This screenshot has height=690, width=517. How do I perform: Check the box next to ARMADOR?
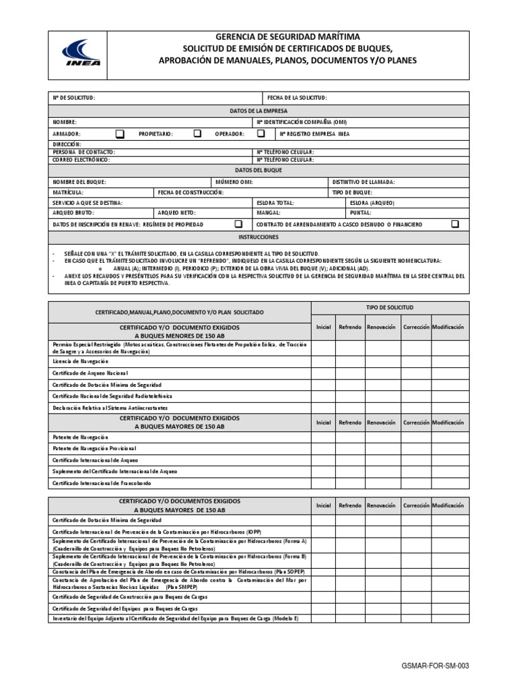point(120,133)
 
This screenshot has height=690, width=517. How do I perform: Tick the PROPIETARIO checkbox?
point(197,133)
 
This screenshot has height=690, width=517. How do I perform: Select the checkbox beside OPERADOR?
point(261,133)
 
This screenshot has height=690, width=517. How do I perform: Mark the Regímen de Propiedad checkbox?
point(238,224)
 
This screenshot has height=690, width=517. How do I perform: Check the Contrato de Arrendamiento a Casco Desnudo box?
point(455,224)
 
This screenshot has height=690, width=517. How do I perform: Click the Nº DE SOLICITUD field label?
point(74,98)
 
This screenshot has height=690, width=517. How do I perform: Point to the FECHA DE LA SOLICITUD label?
point(297,98)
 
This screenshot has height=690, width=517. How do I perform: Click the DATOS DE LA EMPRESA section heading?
point(259,110)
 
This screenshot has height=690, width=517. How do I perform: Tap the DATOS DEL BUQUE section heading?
point(259,170)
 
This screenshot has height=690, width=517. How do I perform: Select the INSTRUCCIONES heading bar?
point(259,237)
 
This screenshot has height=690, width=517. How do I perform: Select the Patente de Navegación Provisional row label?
point(94,448)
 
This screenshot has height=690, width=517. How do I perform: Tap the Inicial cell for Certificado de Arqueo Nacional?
point(323,373)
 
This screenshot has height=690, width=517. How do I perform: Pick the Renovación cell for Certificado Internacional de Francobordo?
point(381,482)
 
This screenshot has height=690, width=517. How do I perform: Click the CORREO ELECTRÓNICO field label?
point(81,160)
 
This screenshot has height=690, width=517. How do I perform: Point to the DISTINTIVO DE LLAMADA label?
point(364,182)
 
